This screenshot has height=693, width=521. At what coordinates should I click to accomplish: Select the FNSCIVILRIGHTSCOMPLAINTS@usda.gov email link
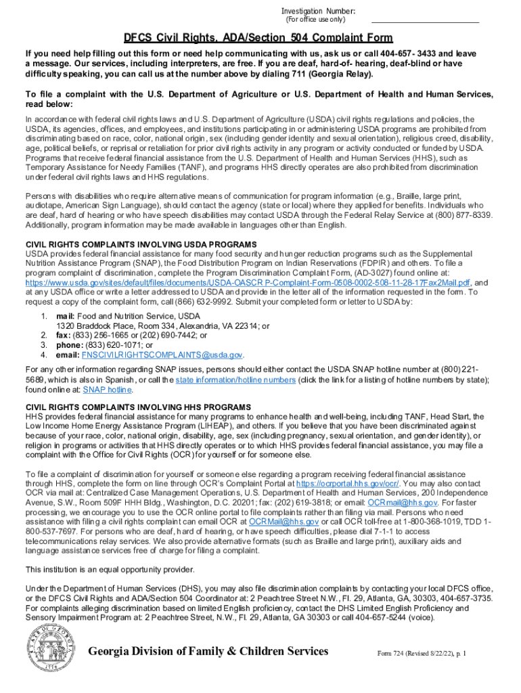[x=162, y=355]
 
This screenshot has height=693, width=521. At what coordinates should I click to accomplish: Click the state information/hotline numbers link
[x=235, y=380]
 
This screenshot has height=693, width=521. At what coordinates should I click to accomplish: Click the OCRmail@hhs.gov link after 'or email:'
[x=412, y=503]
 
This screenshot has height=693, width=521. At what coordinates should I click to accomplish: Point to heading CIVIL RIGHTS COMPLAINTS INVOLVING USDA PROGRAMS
[x=141, y=244]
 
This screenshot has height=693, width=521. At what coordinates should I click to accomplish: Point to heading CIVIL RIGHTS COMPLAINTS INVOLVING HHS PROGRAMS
[x=138, y=407]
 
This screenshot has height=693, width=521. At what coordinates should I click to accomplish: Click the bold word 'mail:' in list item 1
[x=65, y=316]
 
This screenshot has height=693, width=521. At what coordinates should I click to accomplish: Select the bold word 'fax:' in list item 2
[x=64, y=335]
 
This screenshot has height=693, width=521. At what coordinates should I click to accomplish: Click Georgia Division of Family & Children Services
[x=199, y=652]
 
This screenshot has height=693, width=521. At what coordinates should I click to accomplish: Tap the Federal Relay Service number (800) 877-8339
[x=456, y=215]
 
